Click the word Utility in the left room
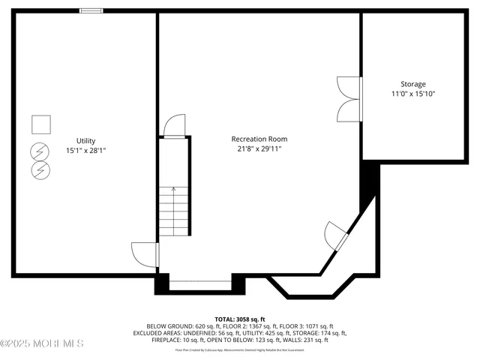click(85, 140)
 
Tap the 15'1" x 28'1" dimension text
click(85, 150)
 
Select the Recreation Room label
click(259, 139)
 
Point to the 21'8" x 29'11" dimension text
click(259, 148)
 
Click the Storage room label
click(412, 84)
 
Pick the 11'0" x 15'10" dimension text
click(412, 94)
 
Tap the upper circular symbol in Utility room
click(38, 152)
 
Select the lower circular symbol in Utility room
click(38, 171)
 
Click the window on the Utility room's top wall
click(91, 10)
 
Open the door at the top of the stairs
click(174, 126)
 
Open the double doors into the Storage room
click(349, 99)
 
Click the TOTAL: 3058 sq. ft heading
click(240, 319)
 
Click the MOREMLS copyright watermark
click(42, 343)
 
